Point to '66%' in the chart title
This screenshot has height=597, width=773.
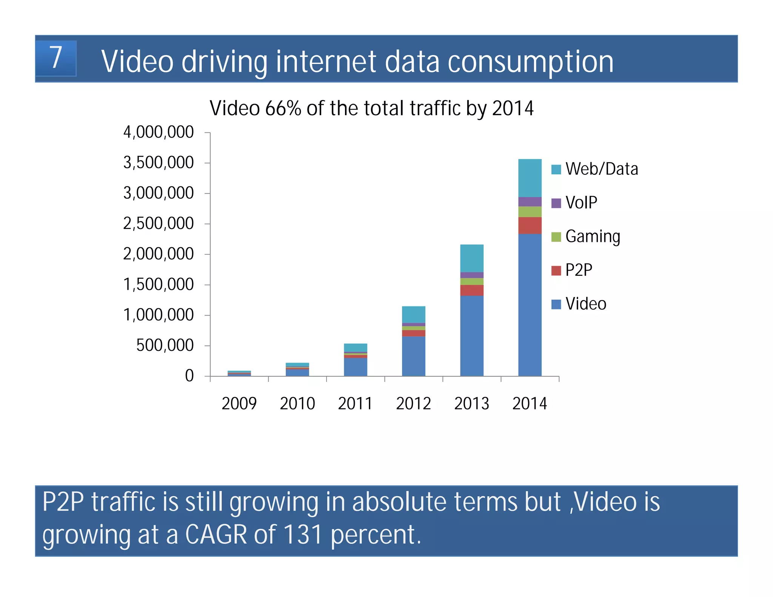[x=283, y=108]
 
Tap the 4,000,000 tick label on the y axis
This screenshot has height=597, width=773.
[x=158, y=132]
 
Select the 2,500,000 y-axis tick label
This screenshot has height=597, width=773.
[x=158, y=224]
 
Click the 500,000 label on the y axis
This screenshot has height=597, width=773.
[x=165, y=346]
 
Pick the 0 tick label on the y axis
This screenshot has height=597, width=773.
[x=189, y=376]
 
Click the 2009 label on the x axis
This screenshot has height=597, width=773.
[x=239, y=404]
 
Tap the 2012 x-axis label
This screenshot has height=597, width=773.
[x=413, y=404]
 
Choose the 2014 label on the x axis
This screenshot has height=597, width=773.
[x=530, y=404]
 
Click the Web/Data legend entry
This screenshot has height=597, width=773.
[x=601, y=169]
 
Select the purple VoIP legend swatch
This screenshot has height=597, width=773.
[x=556, y=203]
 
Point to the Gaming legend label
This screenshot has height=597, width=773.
[x=593, y=237]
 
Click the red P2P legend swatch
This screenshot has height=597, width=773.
[x=556, y=271]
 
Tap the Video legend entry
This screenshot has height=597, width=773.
[x=586, y=304]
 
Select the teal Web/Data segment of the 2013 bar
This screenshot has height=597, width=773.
[x=471, y=258]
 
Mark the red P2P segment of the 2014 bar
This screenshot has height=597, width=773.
[x=530, y=225]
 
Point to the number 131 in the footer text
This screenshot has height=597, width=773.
[x=303, y=535]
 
